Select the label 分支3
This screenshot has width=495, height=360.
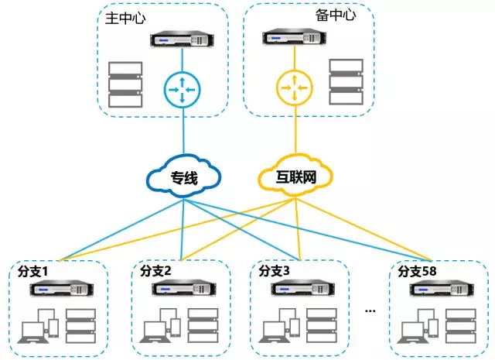tap(274, 271)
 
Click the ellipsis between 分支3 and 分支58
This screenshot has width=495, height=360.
tap(370, 310)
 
